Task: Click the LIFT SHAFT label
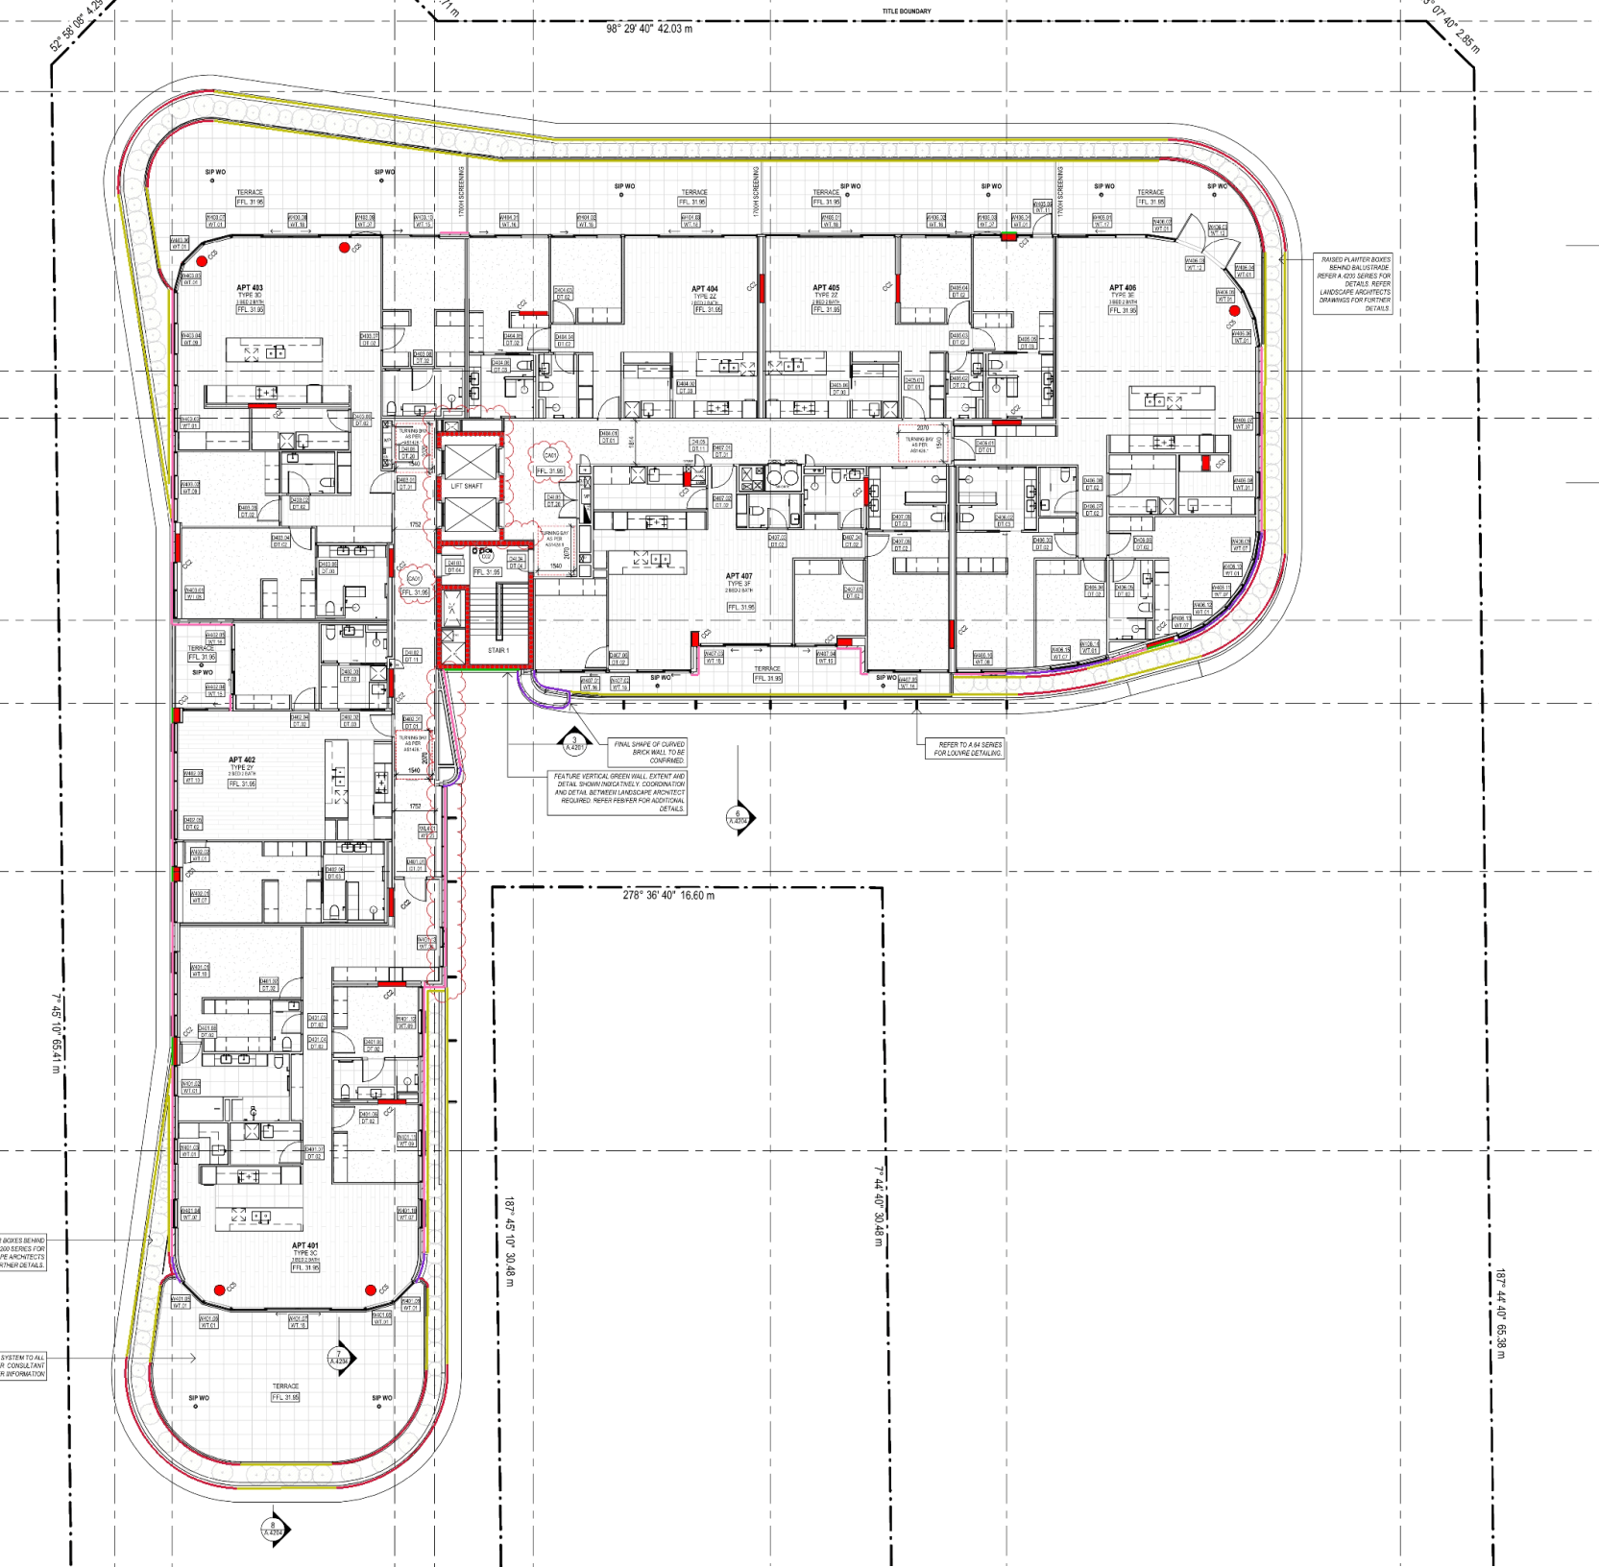click(467, 486)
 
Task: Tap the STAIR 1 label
click(497, 650)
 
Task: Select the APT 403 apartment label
click(250, 288)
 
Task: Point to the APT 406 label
click(1122, 288)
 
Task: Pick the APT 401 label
click(305, 1245)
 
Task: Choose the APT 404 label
click(705, 289)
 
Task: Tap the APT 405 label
click(826, 288)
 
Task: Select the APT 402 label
click(242, 760)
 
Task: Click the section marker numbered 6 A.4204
click(739, 817)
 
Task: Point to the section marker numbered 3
click(574, 742)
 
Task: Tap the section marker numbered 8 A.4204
click(274, 1529)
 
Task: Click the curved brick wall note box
click(649, 752)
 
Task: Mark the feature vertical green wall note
click(618, 792)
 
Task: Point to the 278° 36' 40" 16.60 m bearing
click(668, 895)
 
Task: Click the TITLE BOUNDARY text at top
click(907, 12)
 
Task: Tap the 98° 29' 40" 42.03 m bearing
click(649, 29)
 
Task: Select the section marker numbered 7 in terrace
click(339, 1358)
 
